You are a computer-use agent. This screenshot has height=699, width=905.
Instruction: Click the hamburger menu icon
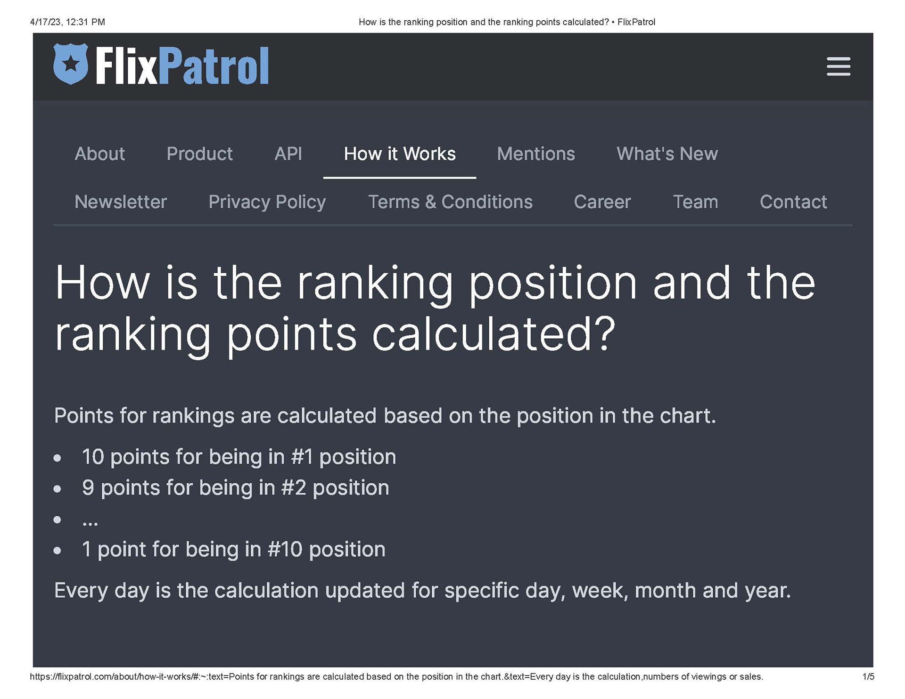coord(838,66)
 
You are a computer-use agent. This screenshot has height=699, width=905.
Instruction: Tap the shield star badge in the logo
coord(71,64)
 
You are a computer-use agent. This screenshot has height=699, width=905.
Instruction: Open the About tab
coord(99,154)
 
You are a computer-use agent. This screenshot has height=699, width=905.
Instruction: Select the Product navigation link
coord(199,154)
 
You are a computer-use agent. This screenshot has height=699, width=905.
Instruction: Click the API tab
coord(288,154)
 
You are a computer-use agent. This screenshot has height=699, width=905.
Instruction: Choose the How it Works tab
coord(399,154)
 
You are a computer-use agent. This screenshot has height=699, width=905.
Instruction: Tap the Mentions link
coord(535,154)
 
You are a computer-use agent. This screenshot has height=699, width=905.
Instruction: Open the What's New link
coord(666,154)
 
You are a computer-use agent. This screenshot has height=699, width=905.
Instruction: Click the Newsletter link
coord(121,202)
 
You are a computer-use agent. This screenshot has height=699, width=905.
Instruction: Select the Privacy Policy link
coord(267,202)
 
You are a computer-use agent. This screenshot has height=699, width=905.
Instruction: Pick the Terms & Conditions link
coord(450,202)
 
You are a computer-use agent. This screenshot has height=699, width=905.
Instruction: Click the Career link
coord(602,202)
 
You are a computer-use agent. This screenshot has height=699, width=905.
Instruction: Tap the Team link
coord(695,202)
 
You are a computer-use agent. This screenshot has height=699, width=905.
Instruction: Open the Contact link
coord(793,202)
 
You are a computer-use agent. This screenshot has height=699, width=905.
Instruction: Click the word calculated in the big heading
coord(493,334)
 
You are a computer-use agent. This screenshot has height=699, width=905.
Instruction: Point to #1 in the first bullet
coord(302,457)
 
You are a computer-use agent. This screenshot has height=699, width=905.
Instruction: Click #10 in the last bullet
coord(285,549)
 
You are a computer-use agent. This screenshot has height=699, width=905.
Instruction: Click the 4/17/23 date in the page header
coord(46,22)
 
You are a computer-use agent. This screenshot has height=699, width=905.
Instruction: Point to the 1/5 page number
coord(868,677)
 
